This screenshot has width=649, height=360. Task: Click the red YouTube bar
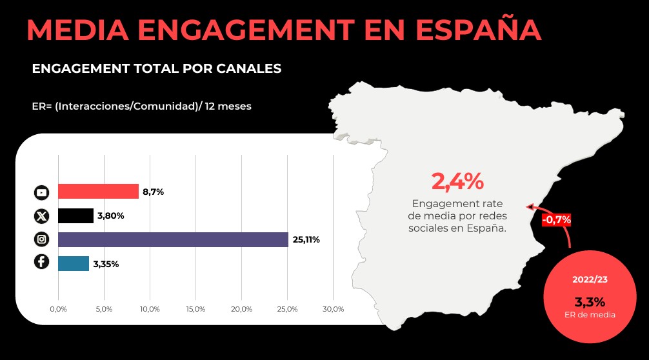point(98,192)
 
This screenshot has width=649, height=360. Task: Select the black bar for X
point(75,215)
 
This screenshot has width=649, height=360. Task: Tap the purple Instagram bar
point(173,239)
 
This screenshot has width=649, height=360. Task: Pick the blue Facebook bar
point(74,263)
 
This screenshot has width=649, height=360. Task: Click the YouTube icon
point(41,192)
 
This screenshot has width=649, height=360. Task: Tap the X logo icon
point(41,215)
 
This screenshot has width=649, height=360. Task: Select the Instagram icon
point(41,239)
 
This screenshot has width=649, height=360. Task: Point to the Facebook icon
point(41,262)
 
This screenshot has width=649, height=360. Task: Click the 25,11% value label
point(306,240)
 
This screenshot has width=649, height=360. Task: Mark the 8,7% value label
point(153,192)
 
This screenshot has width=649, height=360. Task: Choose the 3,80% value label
point(111,215)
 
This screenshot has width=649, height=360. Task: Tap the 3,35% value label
point(106,264)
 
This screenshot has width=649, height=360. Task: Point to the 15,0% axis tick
point(195,310)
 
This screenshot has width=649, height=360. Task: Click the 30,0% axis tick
point(333,310)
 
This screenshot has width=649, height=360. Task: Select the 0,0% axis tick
point(58,310)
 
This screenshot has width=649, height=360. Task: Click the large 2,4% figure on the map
point(457,182)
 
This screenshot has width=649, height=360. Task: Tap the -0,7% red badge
point(556,219)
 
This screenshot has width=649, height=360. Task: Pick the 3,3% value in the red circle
point(590,301)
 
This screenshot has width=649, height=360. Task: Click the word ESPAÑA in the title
point(478,30)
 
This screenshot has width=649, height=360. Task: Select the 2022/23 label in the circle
point(590,279)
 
